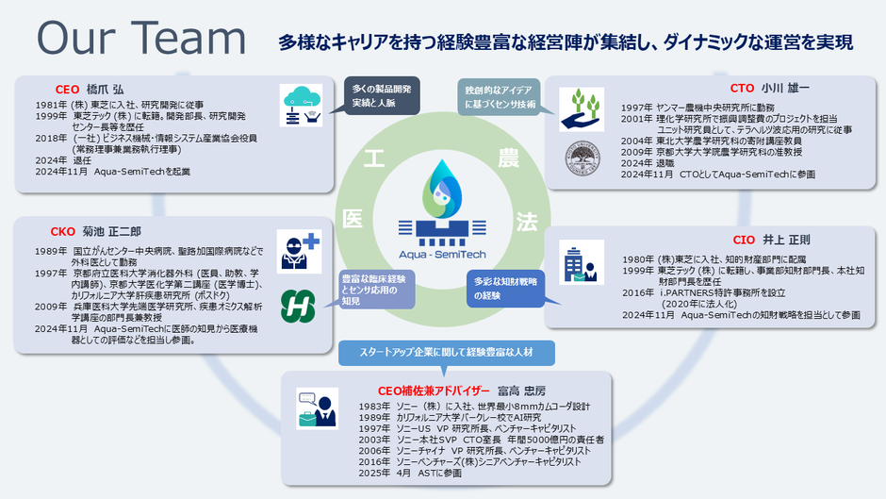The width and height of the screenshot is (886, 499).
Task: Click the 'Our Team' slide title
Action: coord(142,38)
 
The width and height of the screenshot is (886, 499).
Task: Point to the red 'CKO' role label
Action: coord(63,230)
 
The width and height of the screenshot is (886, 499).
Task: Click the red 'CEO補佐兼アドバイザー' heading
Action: coord(435,389)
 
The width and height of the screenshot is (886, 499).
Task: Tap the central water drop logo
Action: coord(442,185)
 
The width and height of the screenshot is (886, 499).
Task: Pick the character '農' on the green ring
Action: coord(507,154)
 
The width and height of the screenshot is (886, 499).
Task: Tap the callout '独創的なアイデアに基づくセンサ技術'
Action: coord(500,95)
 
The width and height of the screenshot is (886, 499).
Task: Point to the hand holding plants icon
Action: coord(582,107)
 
